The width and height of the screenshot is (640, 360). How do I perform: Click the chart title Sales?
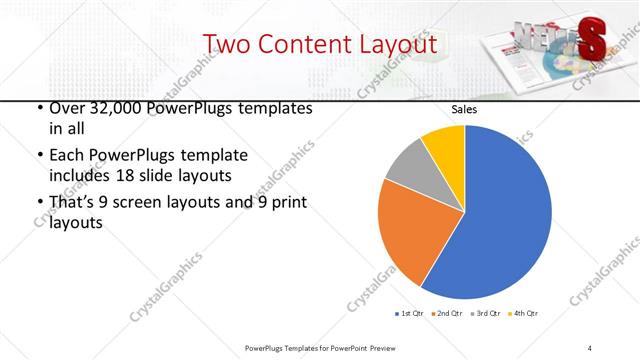click(464, 109)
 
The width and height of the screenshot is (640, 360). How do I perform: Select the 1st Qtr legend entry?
click(408, 313)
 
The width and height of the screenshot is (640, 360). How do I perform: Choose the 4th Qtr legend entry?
click(523, 313)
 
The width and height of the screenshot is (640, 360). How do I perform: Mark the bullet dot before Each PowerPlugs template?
click(38, 156)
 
